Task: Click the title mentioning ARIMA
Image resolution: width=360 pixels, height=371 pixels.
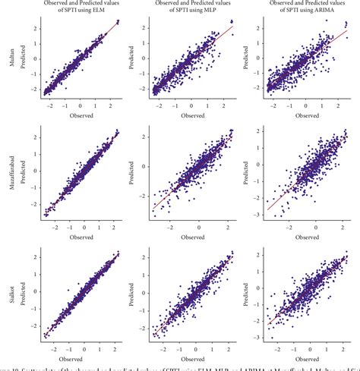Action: tap(304, 8)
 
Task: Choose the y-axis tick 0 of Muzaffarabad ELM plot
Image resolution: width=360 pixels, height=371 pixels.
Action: tap(36, 174)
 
